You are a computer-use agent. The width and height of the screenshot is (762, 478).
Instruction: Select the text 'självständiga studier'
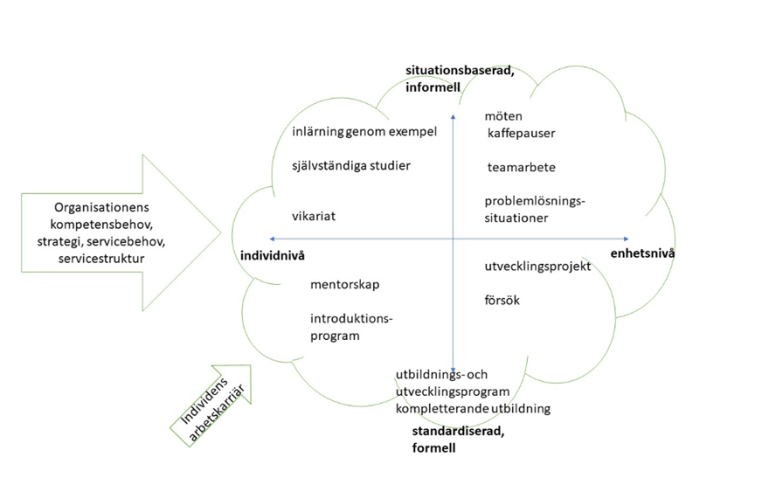[351, 165]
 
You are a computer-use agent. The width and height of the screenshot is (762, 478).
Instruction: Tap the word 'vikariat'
[315, 215]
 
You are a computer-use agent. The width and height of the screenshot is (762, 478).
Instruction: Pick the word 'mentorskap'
[344, 285]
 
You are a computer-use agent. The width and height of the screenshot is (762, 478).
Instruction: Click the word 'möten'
[504, 116]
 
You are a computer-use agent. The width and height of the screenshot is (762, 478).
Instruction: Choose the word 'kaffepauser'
[522, 134]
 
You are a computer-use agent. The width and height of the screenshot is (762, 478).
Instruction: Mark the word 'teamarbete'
[522, 167]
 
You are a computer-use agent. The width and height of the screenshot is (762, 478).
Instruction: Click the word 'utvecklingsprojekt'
[537, 266]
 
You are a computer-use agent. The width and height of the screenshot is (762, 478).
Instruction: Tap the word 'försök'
[502, 300]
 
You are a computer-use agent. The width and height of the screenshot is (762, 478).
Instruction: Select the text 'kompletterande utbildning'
[473, 408]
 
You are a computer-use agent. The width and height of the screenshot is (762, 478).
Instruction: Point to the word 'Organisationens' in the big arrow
[102, 207]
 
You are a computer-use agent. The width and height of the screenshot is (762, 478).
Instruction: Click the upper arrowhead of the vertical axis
[453, 115]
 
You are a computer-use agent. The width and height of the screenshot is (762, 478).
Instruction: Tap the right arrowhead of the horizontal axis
[625, 238]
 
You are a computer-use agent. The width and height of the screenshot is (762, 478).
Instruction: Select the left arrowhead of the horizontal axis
[273, 238]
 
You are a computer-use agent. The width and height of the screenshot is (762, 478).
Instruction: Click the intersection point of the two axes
[453, 238]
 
